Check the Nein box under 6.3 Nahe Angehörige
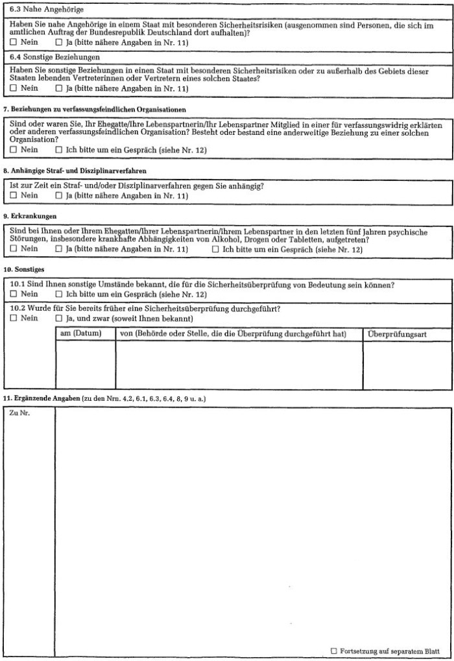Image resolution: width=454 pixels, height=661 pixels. click(x=14, y=42)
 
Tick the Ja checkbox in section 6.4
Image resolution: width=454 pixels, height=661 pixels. click(x=59, y=88)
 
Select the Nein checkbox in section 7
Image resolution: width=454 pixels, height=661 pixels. click(x=14, y=149)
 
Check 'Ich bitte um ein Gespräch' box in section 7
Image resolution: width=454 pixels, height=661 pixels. click(x=59, y=149)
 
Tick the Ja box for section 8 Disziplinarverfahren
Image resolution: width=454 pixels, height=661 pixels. click(x=59, y=196)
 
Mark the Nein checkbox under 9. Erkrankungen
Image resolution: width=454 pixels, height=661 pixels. click(x=14, y=248)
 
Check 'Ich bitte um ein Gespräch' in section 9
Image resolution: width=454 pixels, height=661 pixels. click(x=215, y=248)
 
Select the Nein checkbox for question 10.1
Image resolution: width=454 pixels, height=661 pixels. click(x=14, y=294)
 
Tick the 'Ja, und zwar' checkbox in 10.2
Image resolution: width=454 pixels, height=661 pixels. click(x=59, y=318)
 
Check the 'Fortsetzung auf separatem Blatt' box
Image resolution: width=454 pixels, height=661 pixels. click(x=334, y=650)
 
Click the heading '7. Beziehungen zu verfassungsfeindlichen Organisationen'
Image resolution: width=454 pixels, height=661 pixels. click(x=95, y=110)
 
